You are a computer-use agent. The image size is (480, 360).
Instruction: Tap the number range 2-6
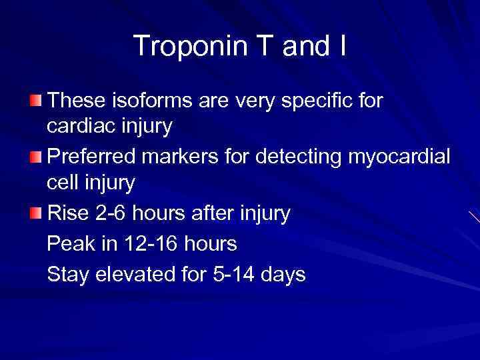116,214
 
